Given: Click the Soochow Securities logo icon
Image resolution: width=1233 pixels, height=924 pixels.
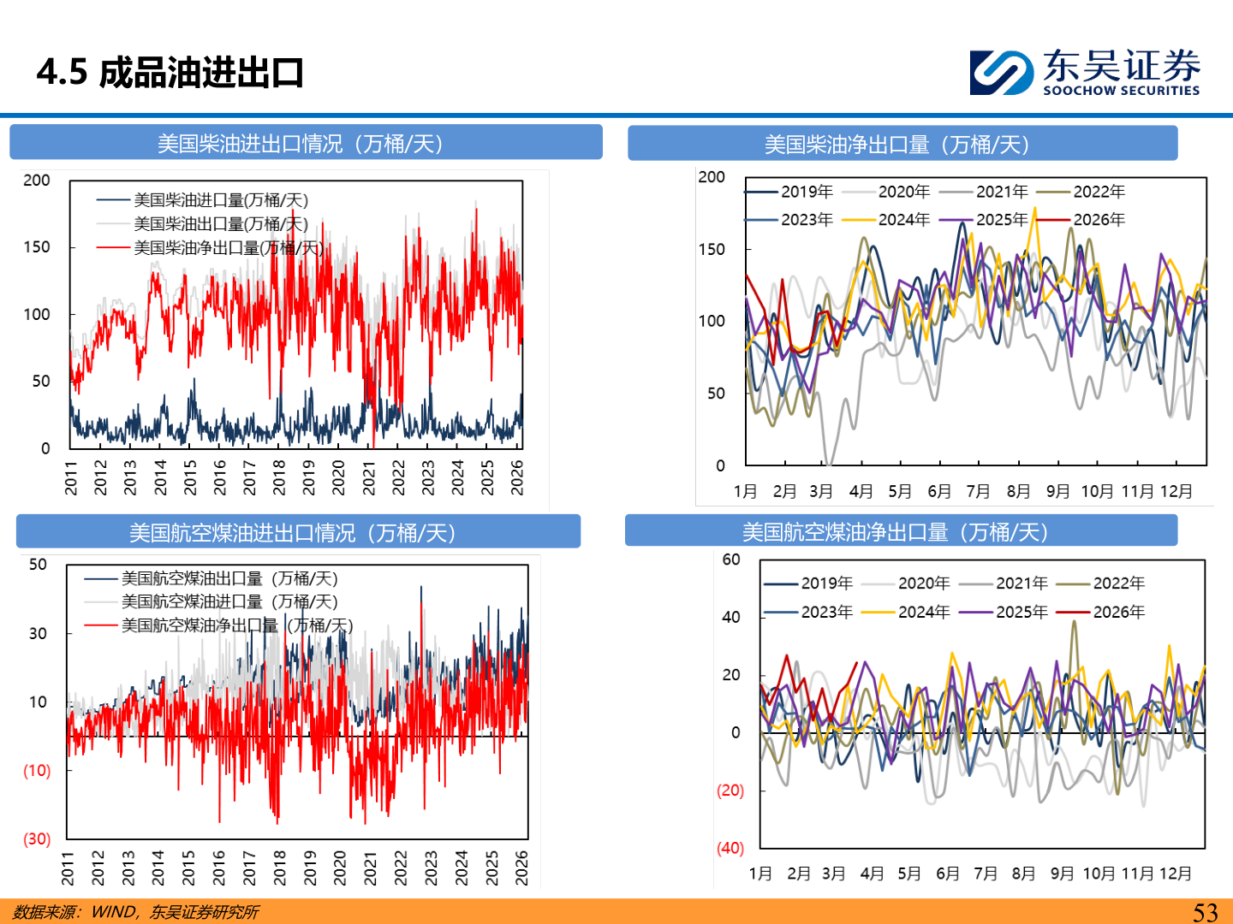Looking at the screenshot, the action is pyautogui.click(x=1002, y=73).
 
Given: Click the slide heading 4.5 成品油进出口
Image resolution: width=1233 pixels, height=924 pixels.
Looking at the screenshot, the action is pyautogui.click(x=170, y=73).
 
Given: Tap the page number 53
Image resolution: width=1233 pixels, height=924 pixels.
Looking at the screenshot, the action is pyautogui.click(x=1205, y=912).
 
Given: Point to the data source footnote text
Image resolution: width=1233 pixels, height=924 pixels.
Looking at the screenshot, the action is pyautogui.click(x=135, y=912).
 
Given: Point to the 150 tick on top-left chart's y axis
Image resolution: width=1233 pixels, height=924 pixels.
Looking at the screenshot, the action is pyautogui.click(x=37, y=247).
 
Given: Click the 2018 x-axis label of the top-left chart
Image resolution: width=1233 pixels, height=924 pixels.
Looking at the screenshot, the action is pyautogui.click(x=279, y=477).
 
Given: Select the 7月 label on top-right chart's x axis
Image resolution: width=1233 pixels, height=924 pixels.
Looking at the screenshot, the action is pyautogui.click(x=978, y=491).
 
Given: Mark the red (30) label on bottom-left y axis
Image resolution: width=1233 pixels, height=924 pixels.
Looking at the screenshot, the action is pyautogui.click(x=37, y=838).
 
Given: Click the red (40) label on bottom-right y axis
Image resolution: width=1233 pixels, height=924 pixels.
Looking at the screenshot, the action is pyautogui.click(x=730, y=848).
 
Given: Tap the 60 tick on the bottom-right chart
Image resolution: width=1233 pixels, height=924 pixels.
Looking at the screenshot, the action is pyautogui.click(x=731, y=560).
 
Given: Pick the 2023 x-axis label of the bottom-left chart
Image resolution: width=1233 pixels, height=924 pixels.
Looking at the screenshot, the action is pyautogui.click(x=431, y=868).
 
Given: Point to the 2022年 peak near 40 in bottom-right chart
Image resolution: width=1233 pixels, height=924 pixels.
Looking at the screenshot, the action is pyautogui.click(x=1074, y=622).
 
